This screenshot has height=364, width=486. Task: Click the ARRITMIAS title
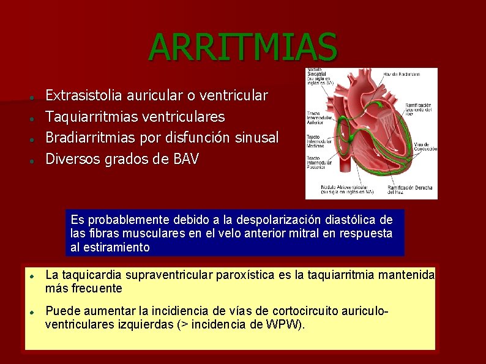point(242,47)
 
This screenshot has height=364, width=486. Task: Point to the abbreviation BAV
point(186,159)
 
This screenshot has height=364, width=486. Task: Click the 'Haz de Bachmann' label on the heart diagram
point(402,74)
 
